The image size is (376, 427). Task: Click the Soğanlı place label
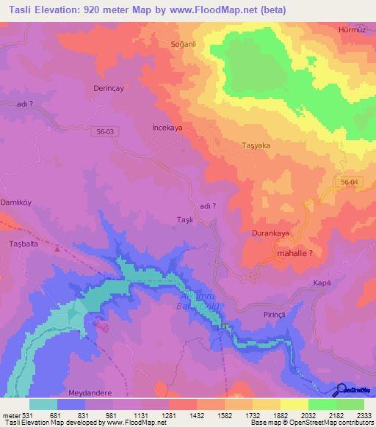181,44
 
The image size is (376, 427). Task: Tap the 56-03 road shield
106,131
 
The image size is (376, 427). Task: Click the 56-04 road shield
349,181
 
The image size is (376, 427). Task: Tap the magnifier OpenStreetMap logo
341,390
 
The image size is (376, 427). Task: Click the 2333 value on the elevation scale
364,415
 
